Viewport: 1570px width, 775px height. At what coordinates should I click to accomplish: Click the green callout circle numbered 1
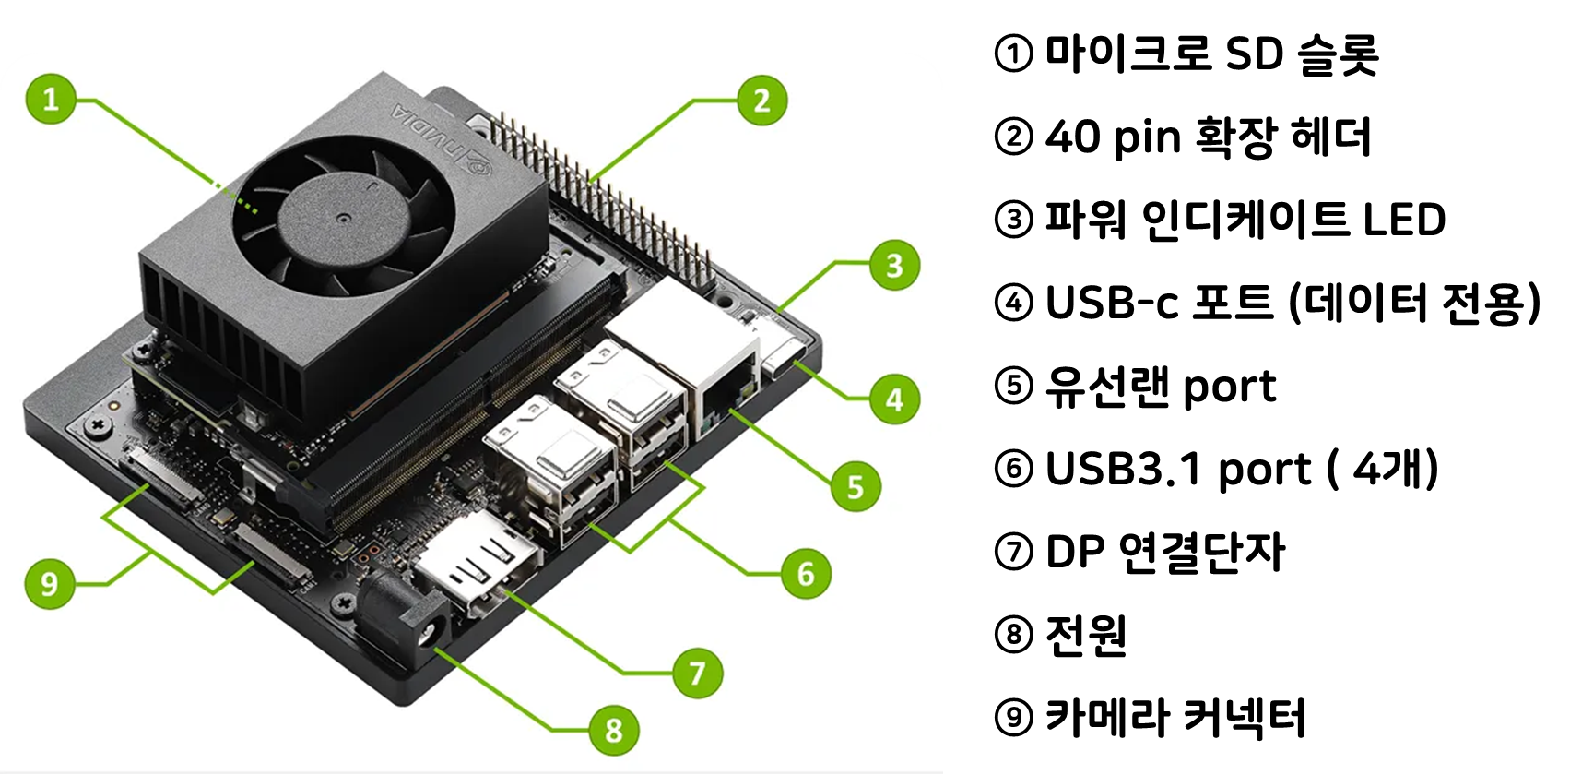[x=51, y=99]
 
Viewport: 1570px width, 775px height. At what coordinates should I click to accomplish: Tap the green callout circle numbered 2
[x=761, y=101]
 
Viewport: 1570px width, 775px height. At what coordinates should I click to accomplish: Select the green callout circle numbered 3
[x=894, y=265]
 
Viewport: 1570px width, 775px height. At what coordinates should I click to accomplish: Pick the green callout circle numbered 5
[x=856, y=486]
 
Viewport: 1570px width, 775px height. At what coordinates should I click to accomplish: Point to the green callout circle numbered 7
[x=697, y=673]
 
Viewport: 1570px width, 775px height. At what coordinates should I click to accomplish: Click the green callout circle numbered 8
[x=613, y=730]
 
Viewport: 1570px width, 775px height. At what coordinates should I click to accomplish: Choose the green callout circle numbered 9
[x=50, y=583]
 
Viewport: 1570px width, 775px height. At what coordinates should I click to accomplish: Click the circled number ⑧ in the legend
[x=1013, y=635]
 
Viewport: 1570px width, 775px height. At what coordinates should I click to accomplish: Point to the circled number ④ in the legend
[x=1013, y=303]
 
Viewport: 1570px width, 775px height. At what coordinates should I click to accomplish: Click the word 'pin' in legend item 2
[x=1152, y=138]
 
